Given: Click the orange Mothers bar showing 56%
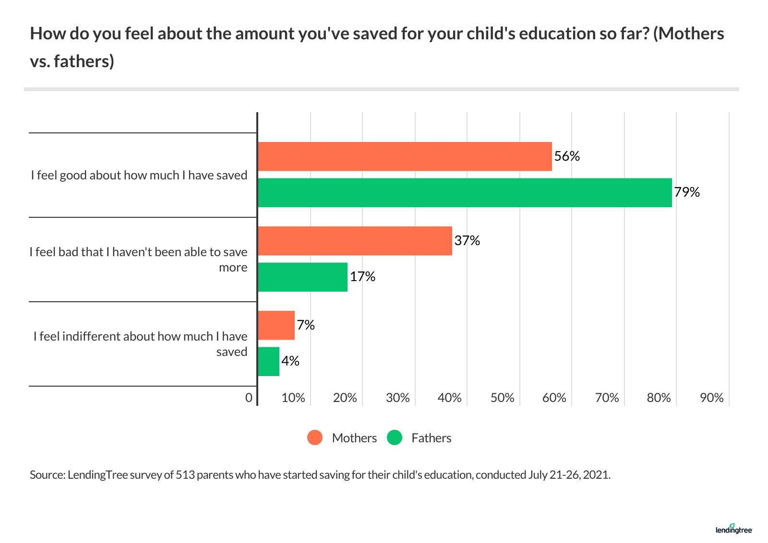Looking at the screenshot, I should point(405,156).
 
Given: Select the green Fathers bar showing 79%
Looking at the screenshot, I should point(465,193).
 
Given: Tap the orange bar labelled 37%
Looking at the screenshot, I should point(355,241).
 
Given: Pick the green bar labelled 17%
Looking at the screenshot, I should point(302,277).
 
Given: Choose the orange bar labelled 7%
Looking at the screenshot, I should point(276,325).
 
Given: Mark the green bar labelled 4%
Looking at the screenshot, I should point(268,362).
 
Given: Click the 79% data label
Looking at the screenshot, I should point(687,192).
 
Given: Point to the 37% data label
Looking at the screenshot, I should point(467,240).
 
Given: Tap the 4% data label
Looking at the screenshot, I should point(290,361).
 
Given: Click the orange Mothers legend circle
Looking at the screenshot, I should point(315,438).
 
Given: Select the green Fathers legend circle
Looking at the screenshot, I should point(395,438).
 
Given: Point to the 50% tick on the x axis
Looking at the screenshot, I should point(502,398).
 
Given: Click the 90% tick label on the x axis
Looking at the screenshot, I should point(711,398).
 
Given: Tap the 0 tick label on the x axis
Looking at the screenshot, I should point(249,398).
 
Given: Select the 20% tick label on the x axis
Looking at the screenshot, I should point(345,398).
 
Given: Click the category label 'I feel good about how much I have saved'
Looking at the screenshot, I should point(139,175).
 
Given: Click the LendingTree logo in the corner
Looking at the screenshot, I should point(733,529).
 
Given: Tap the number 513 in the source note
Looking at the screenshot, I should point(185,475).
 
